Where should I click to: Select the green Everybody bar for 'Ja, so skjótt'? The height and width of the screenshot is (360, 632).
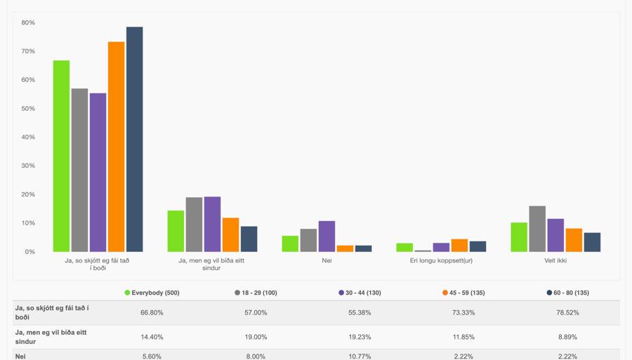tap(61, 156)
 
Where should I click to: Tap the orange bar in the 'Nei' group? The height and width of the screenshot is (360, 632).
tap(345, 248)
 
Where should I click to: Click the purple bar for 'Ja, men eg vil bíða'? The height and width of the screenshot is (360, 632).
tap(212, 224)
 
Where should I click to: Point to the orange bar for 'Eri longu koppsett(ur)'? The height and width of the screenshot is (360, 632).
tap(459, 246)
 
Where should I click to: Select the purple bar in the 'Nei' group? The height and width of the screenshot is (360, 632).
tap(327, 236)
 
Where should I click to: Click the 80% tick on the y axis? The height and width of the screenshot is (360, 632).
tap(28, 22)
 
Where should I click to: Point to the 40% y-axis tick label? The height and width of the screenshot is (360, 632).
tap(28, 137)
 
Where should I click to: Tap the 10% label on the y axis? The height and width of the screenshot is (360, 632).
tap(28, 223)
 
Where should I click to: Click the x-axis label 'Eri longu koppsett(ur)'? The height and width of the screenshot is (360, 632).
tap(441, 260)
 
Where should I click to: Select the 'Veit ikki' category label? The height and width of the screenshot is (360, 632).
tap(555, 260)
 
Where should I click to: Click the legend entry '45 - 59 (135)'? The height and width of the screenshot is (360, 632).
tap(463, 293)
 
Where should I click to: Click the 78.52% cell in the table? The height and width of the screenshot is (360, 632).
tap(567, 313)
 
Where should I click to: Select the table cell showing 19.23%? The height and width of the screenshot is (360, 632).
tap(360, 337)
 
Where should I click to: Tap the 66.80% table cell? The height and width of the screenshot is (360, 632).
tap(152, 313)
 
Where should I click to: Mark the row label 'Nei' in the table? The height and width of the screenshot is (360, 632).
tap(21, 356)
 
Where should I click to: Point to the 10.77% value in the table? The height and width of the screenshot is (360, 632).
tap(360, 356)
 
